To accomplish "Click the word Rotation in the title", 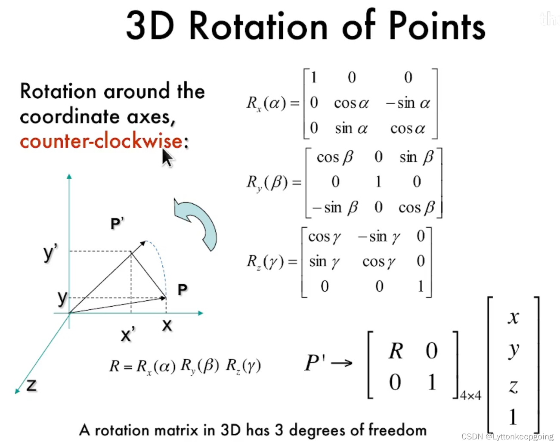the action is (x=258, y=27).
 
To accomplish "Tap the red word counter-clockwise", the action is (x=101, y=141).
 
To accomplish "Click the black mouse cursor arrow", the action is (x=167, y=158).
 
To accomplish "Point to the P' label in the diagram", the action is (x=117, y=224).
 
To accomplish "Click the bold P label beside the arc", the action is (x=183, y=289).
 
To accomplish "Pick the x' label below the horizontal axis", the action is (x=128, y=334).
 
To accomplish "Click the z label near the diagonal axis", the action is (x=31, y=385).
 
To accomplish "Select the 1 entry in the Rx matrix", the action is (x=314, y=78).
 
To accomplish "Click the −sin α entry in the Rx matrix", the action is (x=408, y=103).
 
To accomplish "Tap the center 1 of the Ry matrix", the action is (x=378, y=182).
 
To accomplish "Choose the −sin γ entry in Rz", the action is (x=379, y=237).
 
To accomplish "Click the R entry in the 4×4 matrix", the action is (x=396, y=351).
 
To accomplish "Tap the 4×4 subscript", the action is (x=470, y=395).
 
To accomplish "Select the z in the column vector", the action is (x=513, y=386).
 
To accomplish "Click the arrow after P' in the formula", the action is (x=342, y=363).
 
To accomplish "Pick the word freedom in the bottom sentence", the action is (x=397, y=430).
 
